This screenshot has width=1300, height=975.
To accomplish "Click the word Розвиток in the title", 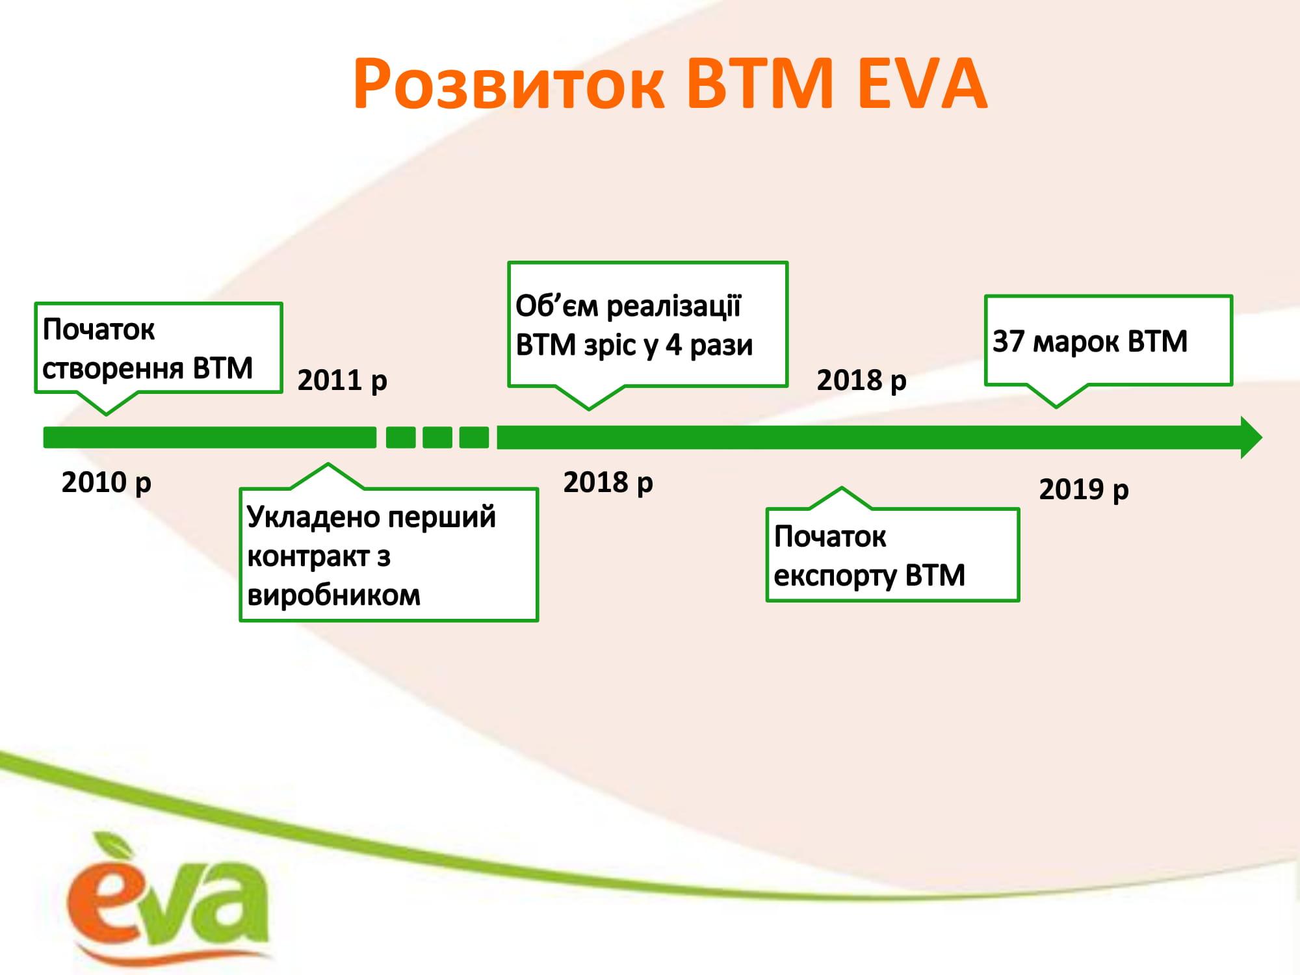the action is (510, 85).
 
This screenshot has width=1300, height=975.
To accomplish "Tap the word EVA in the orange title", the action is (923, 84).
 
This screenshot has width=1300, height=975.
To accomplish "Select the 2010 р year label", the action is (107, 483).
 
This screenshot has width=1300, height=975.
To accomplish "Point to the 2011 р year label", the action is (342, 381).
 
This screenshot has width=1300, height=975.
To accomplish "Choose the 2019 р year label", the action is (1084, 489).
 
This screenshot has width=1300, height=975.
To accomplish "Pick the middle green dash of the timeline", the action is (437, 437).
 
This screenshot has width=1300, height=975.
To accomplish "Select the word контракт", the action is (308, 557).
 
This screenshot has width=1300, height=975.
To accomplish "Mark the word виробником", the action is (334, 595).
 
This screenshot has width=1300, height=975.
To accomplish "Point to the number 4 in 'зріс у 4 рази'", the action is (673, 345).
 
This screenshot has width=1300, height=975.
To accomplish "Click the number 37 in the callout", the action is (1008, 341).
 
